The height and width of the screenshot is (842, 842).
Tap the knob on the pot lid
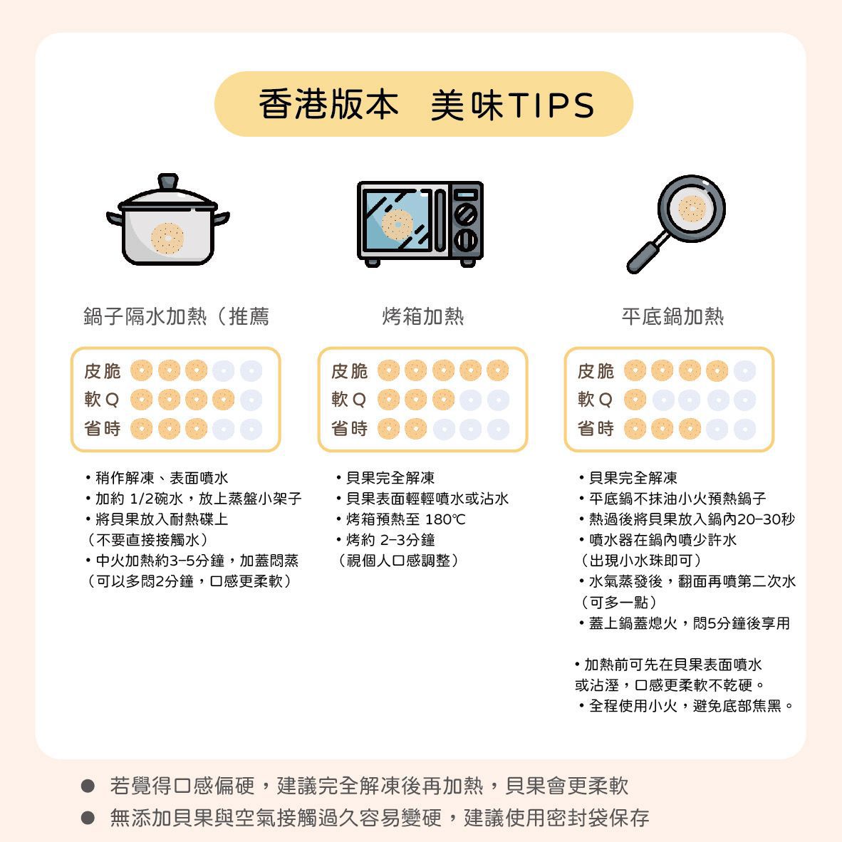tap(167, 181)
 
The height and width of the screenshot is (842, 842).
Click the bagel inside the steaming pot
tap(167, 238)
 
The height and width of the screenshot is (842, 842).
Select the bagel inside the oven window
tap(397, 224)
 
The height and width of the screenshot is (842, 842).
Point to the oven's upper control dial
tap(466, 214)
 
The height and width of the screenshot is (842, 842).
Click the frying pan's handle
tap(647, 254)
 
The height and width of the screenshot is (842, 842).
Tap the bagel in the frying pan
tap(692, 208)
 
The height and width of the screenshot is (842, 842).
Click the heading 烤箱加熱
tap(422, 316)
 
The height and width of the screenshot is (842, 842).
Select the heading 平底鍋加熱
tap(672, 316)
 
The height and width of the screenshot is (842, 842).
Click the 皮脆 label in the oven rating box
tap(349, 371)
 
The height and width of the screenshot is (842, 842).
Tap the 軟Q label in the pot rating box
tap(101, 400)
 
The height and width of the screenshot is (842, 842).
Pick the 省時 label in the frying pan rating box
tap(596, 429)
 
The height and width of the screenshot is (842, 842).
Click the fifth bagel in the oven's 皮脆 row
tap(498, 370)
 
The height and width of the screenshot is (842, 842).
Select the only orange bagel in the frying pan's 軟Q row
tap(635, 400)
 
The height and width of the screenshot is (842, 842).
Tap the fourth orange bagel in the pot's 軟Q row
tap(224, 400)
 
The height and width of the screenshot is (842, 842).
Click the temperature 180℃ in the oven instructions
tap(445, 519)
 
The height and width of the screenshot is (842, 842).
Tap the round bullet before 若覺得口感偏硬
tap(88, 786)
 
